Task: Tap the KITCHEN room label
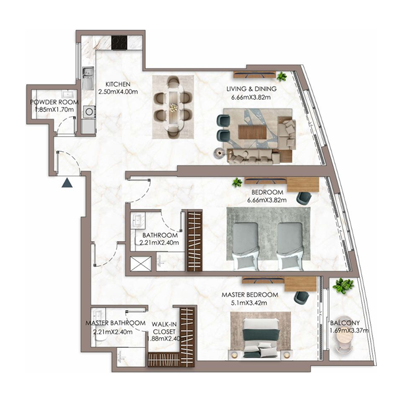coord(118,84)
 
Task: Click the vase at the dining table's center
coord(173,107)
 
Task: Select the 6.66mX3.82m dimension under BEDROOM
coord(267,200)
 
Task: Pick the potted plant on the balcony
coord(343,286)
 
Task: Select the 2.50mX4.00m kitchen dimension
coord(118,91)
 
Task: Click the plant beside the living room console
coord(281,76)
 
